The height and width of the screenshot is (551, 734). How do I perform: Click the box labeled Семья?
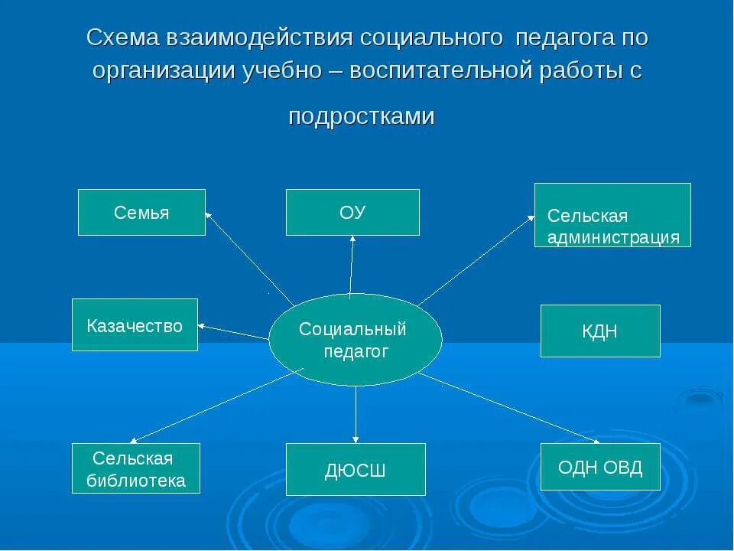141,212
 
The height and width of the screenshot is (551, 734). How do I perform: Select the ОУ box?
352,212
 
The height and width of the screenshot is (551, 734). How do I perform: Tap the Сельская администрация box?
612,215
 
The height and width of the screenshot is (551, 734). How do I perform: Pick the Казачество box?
135,325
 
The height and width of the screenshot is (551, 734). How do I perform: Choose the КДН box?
600,331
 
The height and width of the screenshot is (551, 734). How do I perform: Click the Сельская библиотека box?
136,468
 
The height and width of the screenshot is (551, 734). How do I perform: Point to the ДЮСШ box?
356,469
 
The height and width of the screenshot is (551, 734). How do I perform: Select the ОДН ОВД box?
600,467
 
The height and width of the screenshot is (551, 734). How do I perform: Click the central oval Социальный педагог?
356,340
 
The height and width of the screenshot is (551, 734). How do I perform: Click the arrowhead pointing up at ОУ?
352,240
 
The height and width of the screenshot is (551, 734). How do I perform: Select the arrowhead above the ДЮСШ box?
356,439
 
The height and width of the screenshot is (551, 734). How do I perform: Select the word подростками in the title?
362,116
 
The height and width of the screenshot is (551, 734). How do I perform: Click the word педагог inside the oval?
356,351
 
